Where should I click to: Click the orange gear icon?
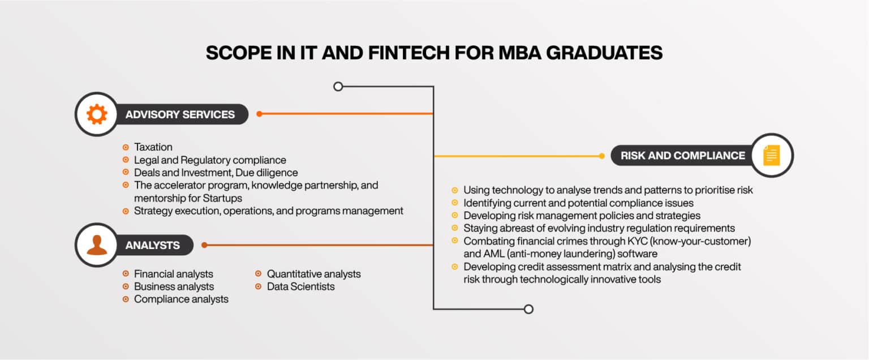(97, 114)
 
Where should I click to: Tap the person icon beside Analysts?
(97, 245)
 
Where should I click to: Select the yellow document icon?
(771, 155)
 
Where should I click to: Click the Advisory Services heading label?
(180, 114)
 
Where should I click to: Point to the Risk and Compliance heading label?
(682, 155)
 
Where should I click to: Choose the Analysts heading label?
(153, 245)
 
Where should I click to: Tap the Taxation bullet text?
(153, 147)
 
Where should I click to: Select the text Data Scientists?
(300, 286)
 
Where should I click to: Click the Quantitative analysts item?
(313, 274)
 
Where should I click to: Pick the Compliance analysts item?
(181, 299)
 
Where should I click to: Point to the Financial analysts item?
(173, 274)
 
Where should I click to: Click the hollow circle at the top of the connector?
(338, 87)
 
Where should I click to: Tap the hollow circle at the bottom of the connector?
(528, 309)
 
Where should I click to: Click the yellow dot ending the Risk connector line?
(602, 156)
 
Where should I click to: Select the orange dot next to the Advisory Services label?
(259, 114)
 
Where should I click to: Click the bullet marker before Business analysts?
(126, 286)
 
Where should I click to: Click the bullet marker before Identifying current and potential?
(455, 203)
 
